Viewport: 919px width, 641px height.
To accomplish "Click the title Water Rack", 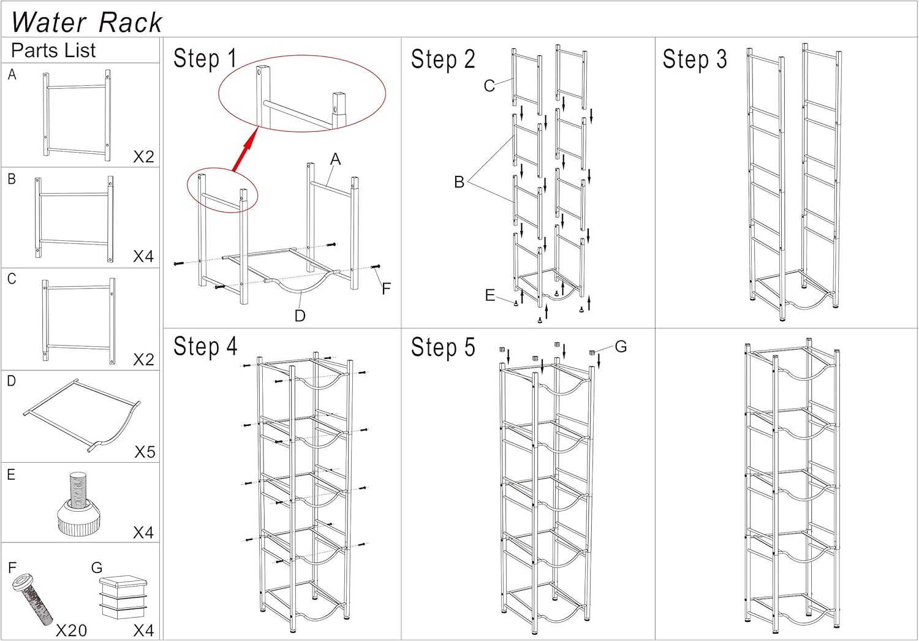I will click(86, 22).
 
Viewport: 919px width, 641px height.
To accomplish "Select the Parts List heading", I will click(53, 50).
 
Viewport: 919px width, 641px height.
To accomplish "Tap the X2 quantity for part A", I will click(143, 157).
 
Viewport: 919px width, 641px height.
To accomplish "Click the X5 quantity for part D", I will click(145, 452).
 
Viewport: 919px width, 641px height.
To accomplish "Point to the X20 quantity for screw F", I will click(71, 631).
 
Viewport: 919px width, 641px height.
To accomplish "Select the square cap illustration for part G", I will click(123, 596).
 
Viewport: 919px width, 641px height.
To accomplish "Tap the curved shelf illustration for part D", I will click(83, 417).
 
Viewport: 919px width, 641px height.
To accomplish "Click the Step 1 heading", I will click(205, 59).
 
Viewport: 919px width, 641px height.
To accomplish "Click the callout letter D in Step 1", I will click(300, 316).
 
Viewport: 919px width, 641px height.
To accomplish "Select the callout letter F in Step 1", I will click(386, 288).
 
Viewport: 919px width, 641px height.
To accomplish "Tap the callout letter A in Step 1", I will click(335, 159).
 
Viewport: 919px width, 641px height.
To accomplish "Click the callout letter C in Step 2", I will click(489, 86).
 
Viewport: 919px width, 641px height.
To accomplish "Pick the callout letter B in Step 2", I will click(459, 182).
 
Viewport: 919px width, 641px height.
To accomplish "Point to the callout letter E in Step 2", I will click(490, 295).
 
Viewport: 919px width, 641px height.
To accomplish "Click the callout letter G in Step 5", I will click(621, 347).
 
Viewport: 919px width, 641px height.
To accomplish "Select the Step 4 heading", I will click(205, 347).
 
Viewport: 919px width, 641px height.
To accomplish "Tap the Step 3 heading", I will click(694, 59).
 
